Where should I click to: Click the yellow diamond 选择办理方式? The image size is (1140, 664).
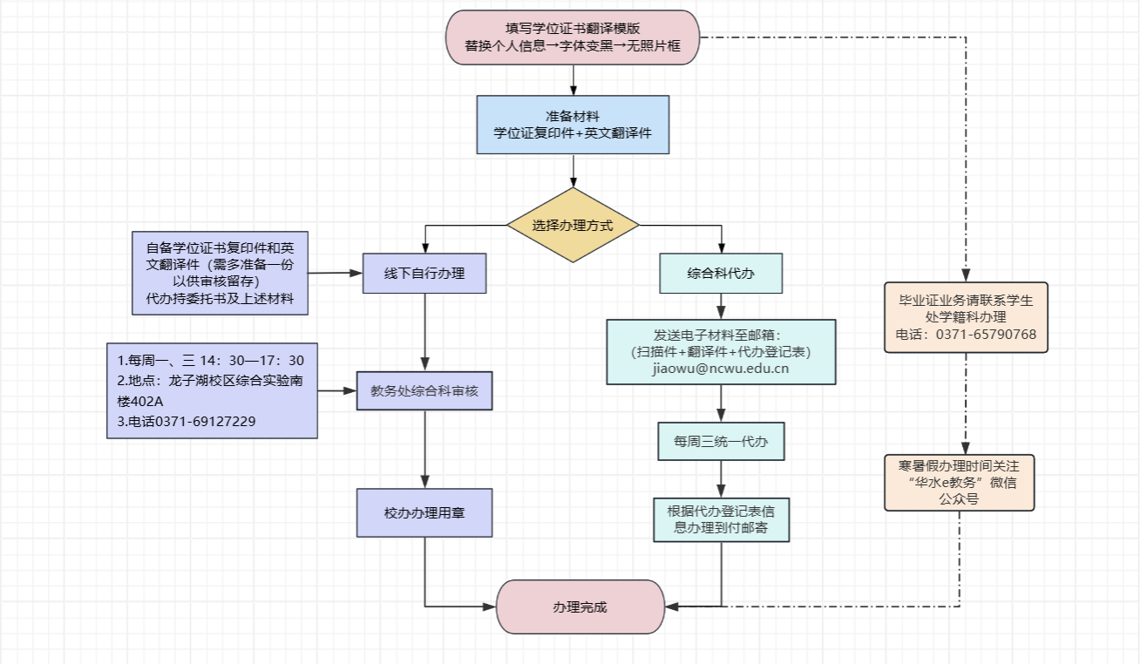click(573, 225)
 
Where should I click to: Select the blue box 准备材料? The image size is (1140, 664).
click(573, 125)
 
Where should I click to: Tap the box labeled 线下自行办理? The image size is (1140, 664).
click(424, 273)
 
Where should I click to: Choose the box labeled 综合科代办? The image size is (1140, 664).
click(721, 273)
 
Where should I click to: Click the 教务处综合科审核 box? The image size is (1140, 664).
click(424, 391)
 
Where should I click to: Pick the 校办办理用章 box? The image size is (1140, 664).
click(424, 512)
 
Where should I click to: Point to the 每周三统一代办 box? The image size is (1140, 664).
click(721, 442)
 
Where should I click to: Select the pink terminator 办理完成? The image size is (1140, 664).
click(580, 606)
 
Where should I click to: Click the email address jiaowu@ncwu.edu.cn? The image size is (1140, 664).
click(720, 369)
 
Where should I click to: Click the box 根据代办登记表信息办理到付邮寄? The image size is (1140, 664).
click(722, 519)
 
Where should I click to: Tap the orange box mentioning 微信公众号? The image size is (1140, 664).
click(960, 481)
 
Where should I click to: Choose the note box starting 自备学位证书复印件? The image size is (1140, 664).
click(220, 274)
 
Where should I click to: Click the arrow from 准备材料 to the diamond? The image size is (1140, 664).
click(573, 171)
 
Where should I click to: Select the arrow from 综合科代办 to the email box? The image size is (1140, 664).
click(721, 306)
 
